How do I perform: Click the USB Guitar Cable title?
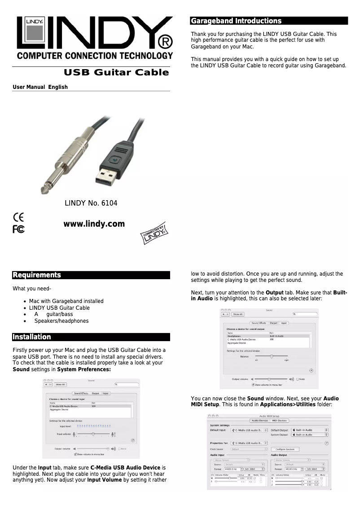116,73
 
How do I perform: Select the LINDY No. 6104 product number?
91,203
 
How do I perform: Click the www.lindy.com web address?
94,224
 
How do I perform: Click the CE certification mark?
19,217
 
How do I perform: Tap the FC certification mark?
18,229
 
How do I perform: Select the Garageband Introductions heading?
236,21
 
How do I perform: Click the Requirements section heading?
36,275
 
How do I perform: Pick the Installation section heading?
31,337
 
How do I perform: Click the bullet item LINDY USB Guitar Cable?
59,308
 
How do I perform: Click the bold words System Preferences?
84,369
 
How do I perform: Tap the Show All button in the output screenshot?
237,314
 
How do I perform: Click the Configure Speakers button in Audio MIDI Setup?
285,449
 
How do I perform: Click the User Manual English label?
40,87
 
